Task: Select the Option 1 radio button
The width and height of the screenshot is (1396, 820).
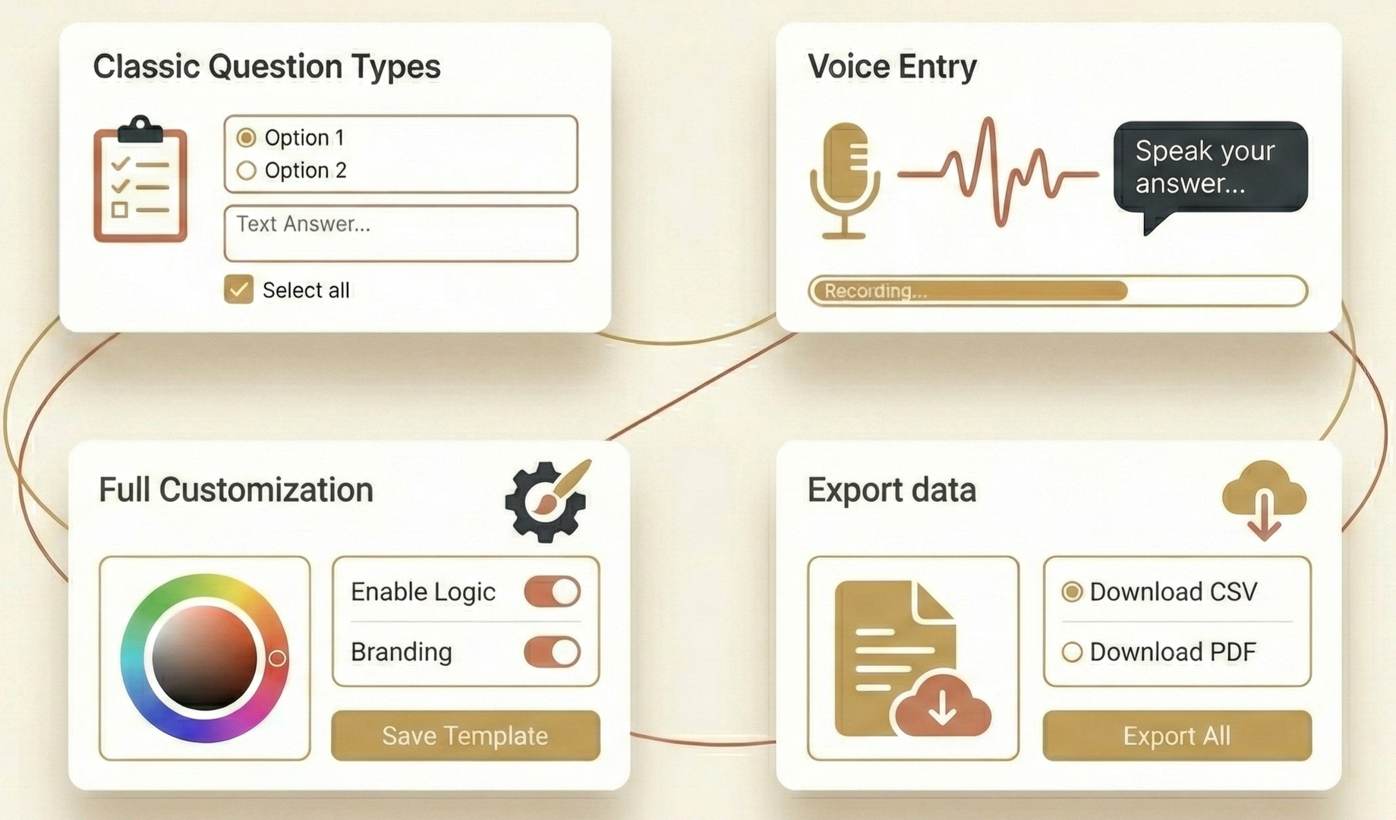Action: point(246,137)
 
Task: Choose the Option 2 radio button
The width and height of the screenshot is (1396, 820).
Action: point(246,170)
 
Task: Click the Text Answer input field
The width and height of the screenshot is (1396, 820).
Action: point(401,233)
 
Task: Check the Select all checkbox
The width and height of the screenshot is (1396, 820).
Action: point(239,290)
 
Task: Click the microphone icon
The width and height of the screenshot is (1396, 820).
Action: point(845,181)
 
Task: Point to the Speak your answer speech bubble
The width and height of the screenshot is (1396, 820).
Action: point(1209,167)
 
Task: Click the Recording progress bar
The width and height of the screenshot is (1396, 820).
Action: point(1057,291)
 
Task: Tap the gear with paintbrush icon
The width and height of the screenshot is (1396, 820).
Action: point(547,500)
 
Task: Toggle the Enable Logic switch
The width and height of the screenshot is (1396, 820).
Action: point(552,591)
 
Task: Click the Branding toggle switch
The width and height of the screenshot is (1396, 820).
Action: point(552,651)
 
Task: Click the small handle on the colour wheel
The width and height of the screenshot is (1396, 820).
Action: point(278,658)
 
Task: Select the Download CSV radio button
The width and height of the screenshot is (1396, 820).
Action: point(1072,591)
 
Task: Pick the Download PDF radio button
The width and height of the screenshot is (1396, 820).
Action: point(1072,651)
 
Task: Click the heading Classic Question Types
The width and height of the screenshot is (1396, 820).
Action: point(266,66)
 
